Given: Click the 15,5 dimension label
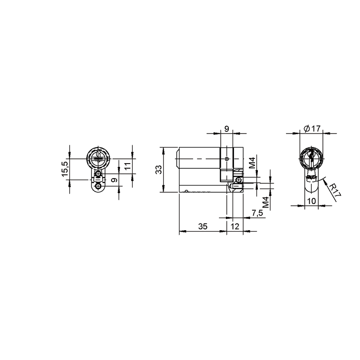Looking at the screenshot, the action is point(65,169).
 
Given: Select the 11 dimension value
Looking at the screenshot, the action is point(127,165).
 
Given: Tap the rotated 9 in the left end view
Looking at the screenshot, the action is point(114,180).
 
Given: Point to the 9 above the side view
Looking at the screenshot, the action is point(226,129).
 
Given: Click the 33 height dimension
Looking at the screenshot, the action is point(158,170).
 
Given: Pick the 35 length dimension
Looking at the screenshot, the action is point(203,226).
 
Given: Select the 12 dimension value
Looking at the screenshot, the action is point(235,226).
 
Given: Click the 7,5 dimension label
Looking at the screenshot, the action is point(257,213).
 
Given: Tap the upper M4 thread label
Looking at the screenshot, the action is point(252,163).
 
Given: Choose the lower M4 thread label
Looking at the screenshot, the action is point(266,202).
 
